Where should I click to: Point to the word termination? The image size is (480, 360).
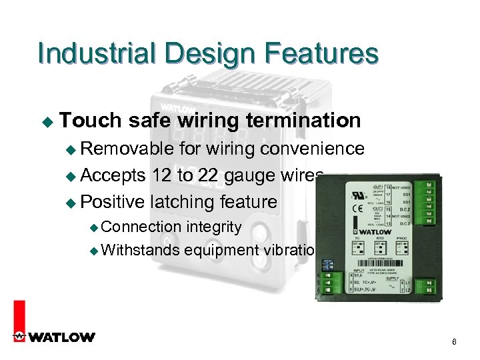[303, 121]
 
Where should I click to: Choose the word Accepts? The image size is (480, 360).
[113, 175]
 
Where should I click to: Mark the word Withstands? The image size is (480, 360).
[141, 250]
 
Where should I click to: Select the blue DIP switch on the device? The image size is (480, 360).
[327, 264]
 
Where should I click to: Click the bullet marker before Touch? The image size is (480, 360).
[47, 122]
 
